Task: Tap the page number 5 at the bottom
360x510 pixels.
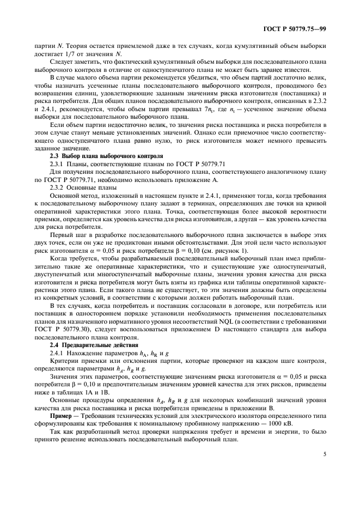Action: (x=325, y=453)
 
